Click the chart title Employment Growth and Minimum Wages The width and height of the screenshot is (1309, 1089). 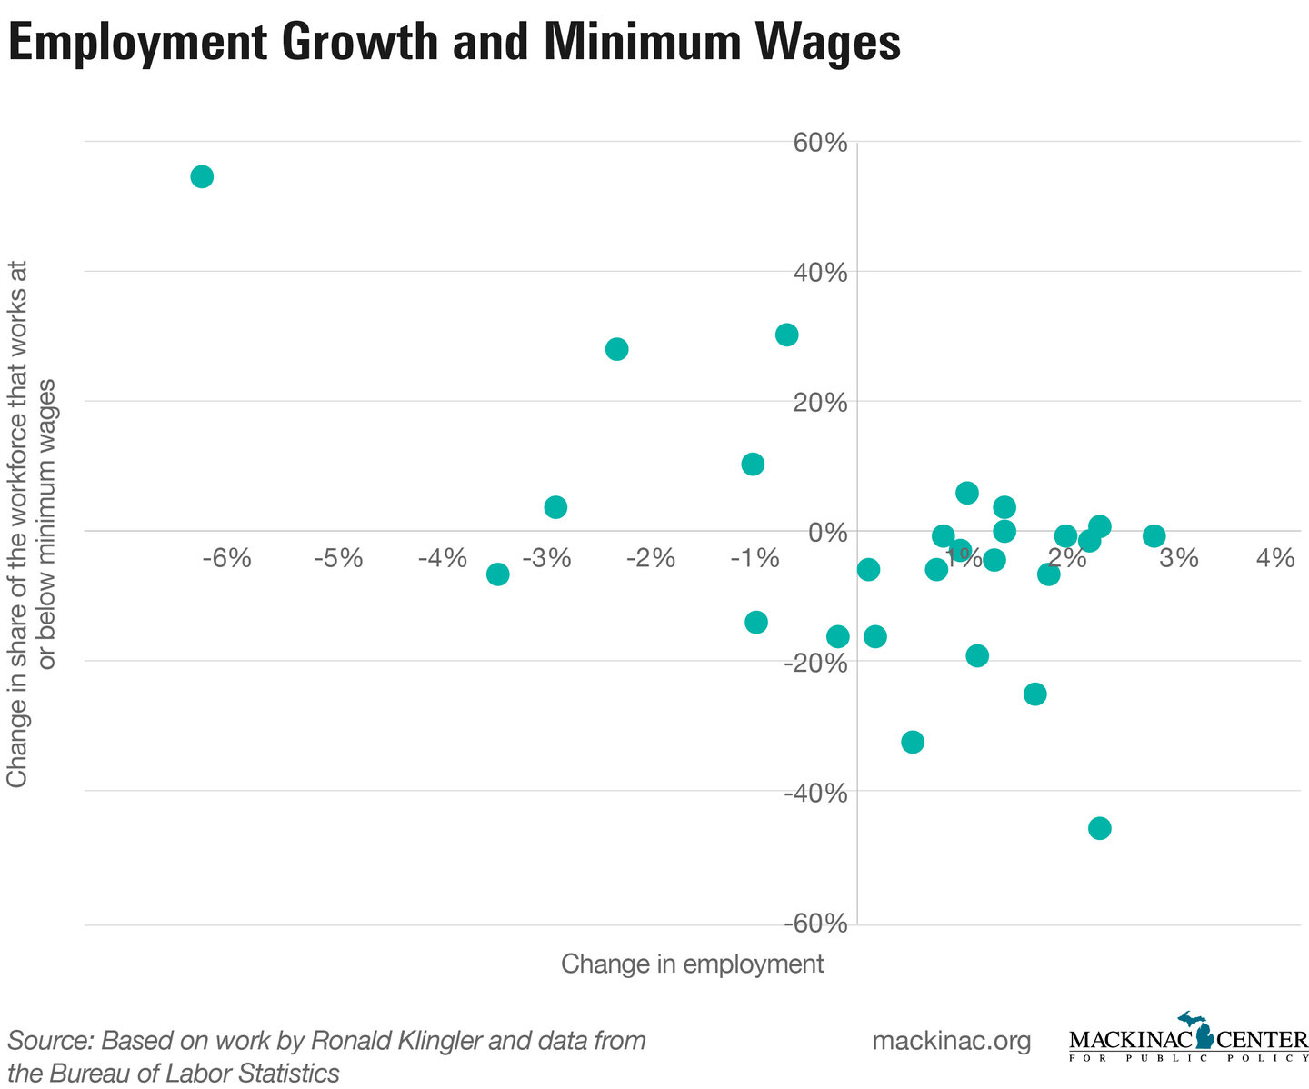(x=454, y=42)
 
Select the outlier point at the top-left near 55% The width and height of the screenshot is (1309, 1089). (x=202, y=176)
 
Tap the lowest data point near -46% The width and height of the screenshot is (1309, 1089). (x=1099, y=828)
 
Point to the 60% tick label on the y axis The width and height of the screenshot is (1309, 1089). (x=822, y=143)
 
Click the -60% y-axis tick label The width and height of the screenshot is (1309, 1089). (x=816, y=924)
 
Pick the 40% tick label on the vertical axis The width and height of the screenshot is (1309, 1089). (x=822, y=273)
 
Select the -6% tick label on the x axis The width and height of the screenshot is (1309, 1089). (x=225, y=557)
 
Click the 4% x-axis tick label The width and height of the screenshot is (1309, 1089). (x=1274, y=557)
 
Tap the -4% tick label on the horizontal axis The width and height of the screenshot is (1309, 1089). (x=442, y=557)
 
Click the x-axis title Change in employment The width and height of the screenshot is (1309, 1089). (x=692, y=964)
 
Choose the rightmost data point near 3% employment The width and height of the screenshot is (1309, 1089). (x=1154, y=535)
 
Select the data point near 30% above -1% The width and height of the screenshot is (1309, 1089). (x=786, y=335)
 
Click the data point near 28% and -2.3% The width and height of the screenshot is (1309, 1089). (x=616, y=349)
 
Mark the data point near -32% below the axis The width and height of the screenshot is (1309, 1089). (x=912, y=742)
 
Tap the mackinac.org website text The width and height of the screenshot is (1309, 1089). (x=951, y=1041)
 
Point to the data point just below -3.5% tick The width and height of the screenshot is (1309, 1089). (x=497, y=574)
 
